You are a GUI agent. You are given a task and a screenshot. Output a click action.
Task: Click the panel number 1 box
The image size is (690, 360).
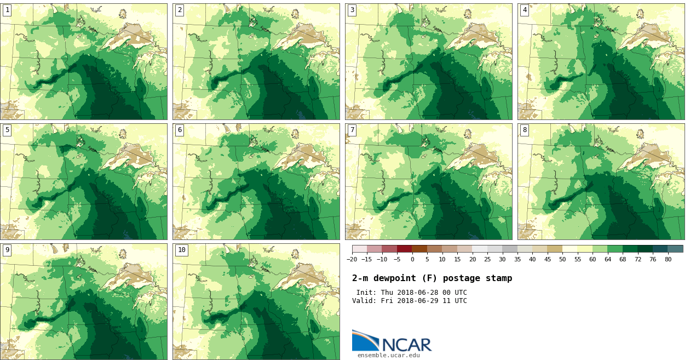(7, 10)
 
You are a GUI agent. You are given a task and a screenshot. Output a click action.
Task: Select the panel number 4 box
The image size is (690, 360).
(525, 10)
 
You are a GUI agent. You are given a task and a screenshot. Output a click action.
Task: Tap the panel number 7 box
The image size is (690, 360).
(352, 130)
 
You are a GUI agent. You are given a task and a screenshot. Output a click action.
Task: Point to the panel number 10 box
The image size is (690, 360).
(181, 250)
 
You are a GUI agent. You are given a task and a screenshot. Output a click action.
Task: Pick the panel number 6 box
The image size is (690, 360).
(180, 130)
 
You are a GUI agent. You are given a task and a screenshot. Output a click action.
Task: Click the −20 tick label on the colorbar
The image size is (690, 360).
(352, 260)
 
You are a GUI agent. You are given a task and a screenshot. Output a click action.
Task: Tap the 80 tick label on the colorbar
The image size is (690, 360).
(668, 260)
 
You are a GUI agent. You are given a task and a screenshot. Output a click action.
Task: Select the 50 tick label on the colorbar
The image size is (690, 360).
(562, 260)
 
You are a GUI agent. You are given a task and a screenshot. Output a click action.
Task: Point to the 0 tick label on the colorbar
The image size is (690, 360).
(412, 260)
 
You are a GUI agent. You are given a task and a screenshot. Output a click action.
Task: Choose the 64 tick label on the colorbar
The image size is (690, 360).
(607, 260)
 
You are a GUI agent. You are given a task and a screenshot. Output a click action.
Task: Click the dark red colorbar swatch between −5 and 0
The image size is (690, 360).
(405, 249)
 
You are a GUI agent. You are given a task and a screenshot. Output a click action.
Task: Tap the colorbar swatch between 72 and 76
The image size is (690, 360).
(645, 249)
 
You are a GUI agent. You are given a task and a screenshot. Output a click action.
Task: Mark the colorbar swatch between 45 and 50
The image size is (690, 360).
(555, 249)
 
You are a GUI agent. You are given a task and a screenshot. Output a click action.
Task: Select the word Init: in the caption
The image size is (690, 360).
(367, 293)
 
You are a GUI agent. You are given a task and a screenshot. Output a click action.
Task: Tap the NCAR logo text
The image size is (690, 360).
(407, 345)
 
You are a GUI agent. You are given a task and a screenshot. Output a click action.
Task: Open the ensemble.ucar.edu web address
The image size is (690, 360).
(389, 356)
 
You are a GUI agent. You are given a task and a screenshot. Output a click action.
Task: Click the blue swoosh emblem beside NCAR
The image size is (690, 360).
(365, 340)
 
